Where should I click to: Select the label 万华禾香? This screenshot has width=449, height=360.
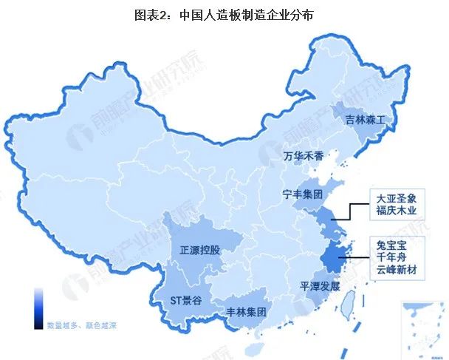(x=303, y=156)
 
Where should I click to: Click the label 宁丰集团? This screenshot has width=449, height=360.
(x=303, y=195)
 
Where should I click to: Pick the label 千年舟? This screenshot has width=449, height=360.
(x=391, y=257)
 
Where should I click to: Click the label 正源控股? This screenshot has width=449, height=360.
(x=199, y=249)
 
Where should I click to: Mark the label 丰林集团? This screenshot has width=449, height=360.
(x=245, y=311)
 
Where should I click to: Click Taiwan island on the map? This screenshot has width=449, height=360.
(x=352, y=298)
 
